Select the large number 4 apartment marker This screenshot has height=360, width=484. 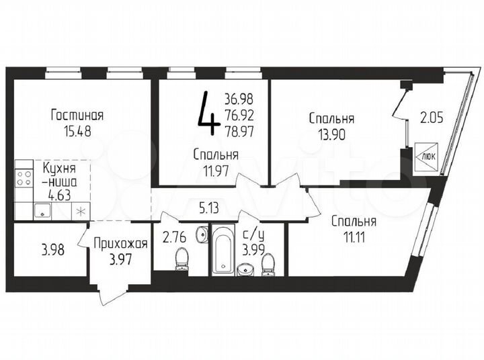pyautogui.click(x=208, y=114)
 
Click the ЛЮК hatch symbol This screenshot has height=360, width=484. pyautogui.click(x=427, y=153)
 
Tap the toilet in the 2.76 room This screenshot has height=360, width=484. pyautogui.click(x=181, y=259)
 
